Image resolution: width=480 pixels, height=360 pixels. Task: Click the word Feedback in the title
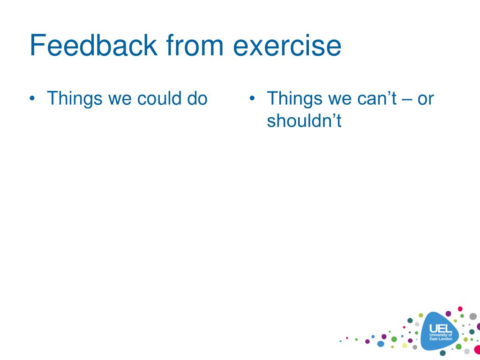coord(93,45)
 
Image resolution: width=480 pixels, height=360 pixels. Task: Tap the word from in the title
coord(195,45)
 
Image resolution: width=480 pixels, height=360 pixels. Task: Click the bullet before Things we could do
coord(32,98)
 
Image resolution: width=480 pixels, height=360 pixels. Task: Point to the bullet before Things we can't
coord(252,98)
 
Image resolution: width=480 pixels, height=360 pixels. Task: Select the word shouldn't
coord(304,120)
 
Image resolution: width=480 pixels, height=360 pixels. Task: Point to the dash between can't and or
coord(407,100)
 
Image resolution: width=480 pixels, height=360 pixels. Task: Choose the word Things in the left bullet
coord(75,98)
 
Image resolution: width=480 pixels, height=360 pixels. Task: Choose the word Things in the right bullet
coord(294,98)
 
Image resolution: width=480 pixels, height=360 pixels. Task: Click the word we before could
coord(120,100)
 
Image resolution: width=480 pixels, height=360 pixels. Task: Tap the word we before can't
coord(339,100)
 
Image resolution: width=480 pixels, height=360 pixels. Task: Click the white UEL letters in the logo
coord(441,329)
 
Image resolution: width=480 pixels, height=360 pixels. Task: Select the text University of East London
coord(441,337)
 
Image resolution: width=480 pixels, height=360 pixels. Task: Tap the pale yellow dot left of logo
coord(405,345)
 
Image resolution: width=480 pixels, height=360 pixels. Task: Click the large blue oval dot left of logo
coord(381,344)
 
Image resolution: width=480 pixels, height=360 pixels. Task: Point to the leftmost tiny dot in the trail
coord(340,341)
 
